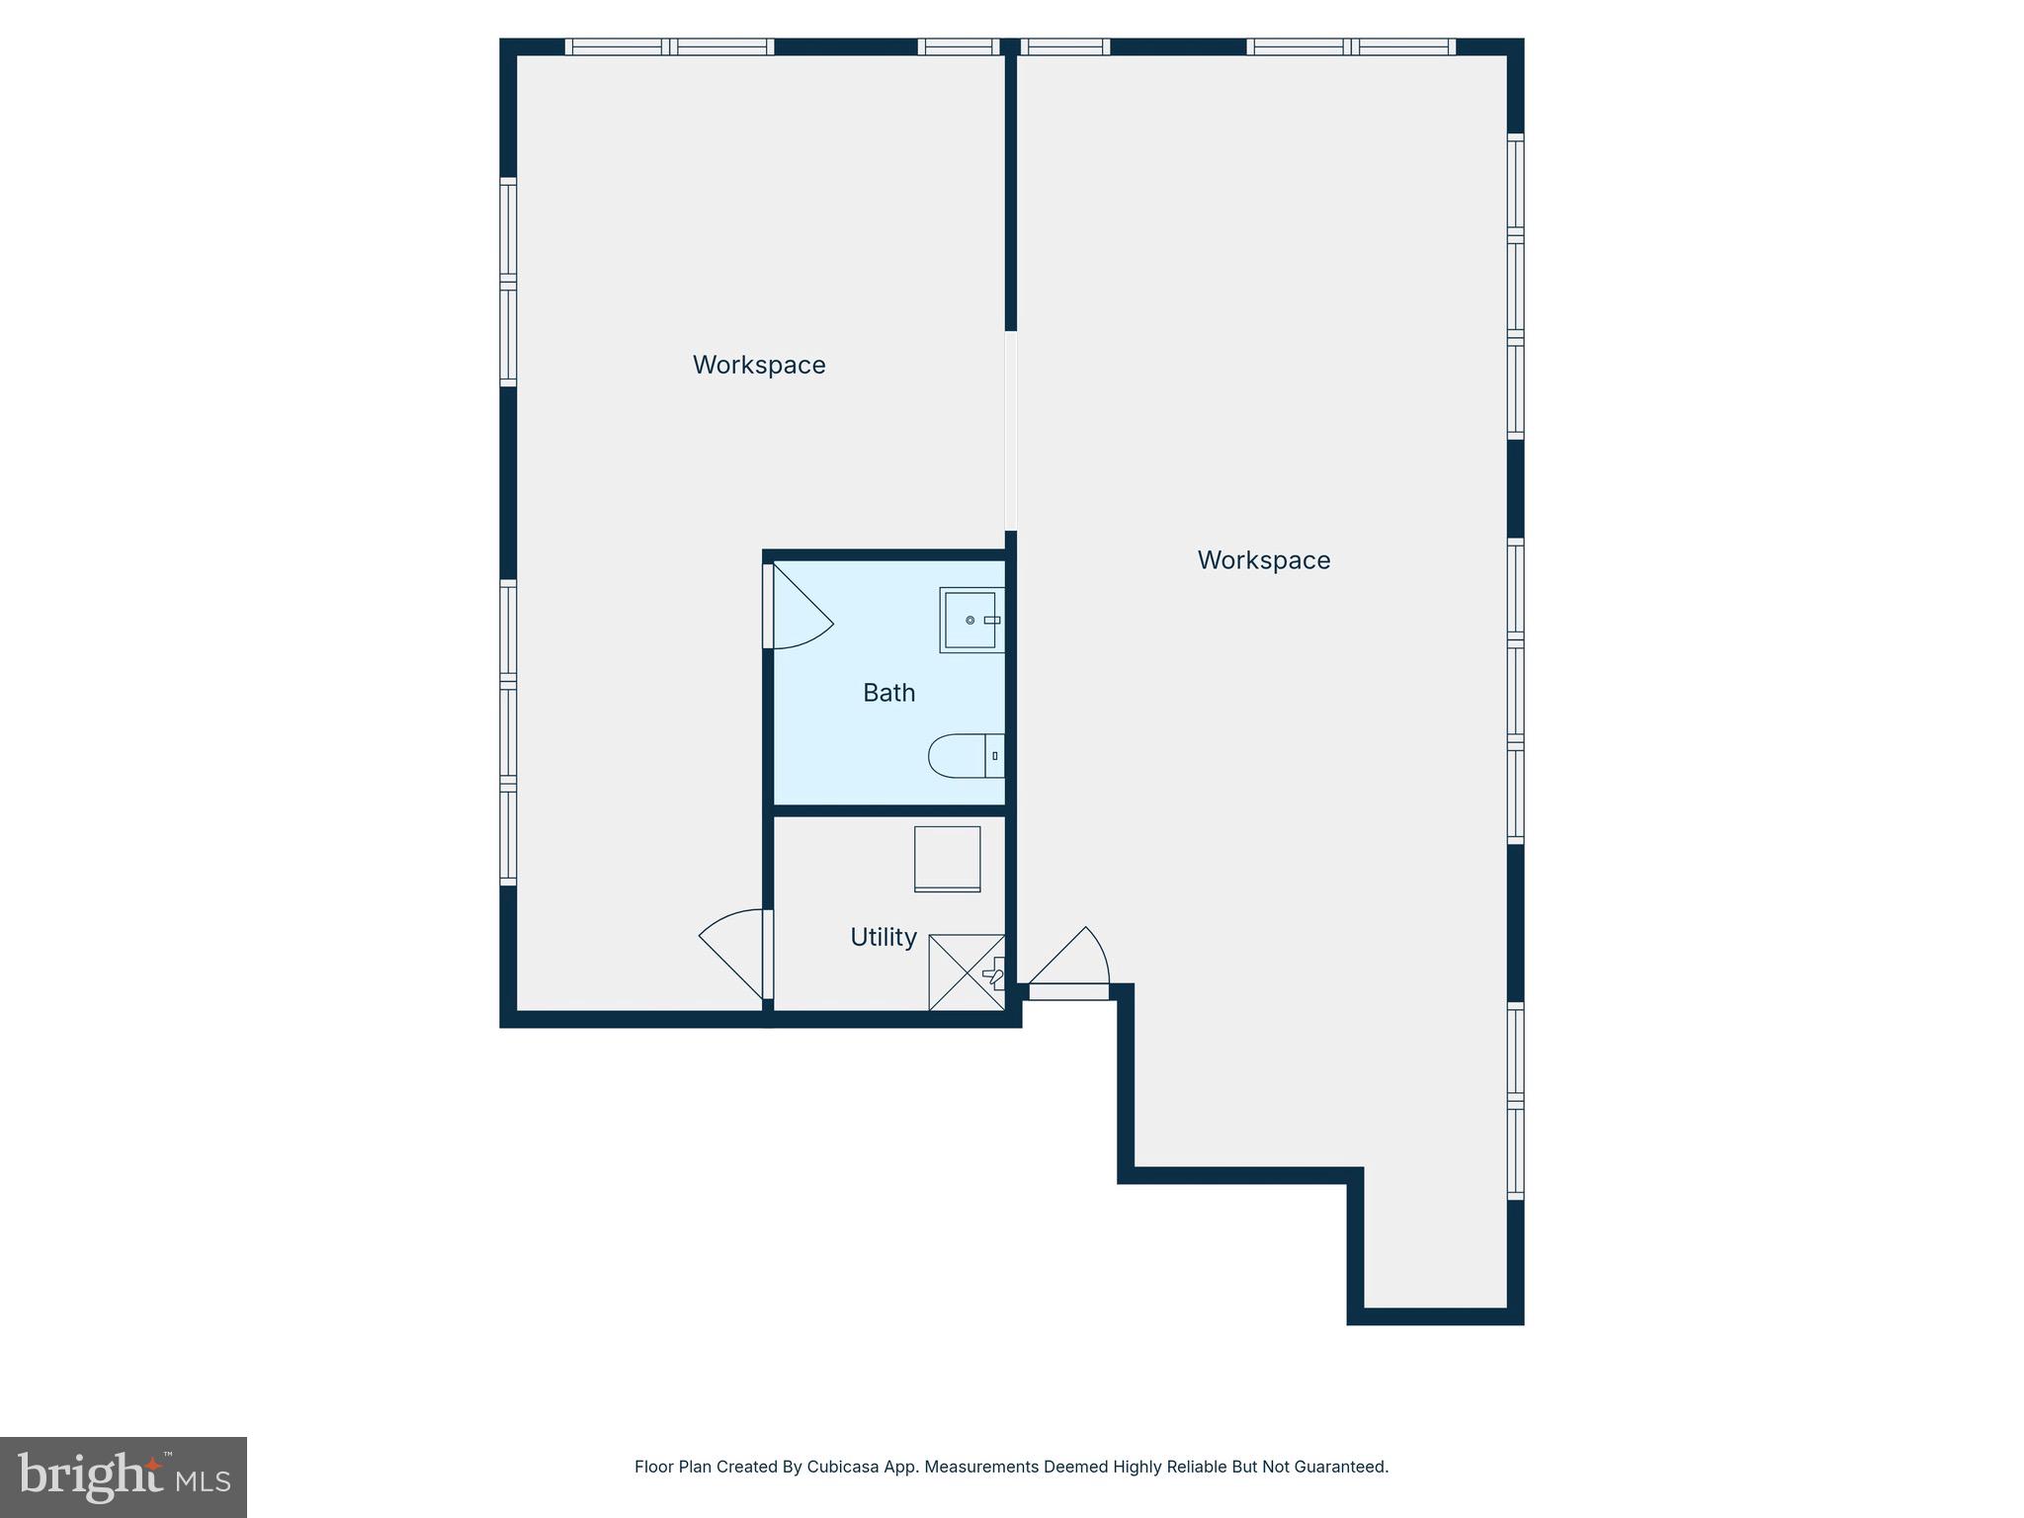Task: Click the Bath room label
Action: click(x=888, y=693)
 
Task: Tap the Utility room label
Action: click(x=884, y=937)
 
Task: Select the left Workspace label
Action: click(x=759, y=365)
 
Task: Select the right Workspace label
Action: click(x=1264, y=560)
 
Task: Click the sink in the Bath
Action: click(x=970, y=620)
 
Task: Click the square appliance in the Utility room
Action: click(x=947, y=859)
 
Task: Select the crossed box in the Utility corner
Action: click(x=967, y=972)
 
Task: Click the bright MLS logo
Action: click(x=124, y=1476)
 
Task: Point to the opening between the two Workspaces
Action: click(x=1011, y=430)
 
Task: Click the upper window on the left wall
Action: click(x=508, y=282)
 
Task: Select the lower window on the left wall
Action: click(x=508, y=732)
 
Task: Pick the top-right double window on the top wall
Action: click(x=1351, y=46)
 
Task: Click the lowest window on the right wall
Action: click(x=1516, y=1101)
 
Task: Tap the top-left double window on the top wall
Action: click(x=669, y=46)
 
